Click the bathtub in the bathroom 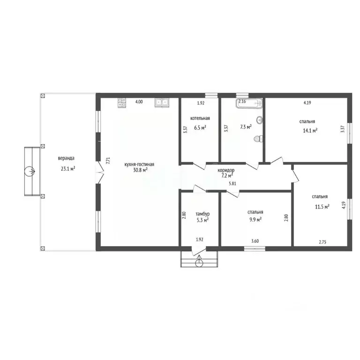pyautogui.click(x=249, y=103)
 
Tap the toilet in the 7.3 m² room pyautogui.click(x=258, y=139)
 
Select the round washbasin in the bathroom pyautogui.click(x=260, y=120)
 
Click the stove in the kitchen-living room pyautogui.click(x=122, y=103)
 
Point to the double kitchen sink pyautogui.click(x=162, y=103)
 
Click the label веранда pyautogui.click(x=66, y=158)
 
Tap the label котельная pyautogui.click(x=200, y=118)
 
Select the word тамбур pyautogui.click(x=202, y=214)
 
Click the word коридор pyautogui.click(x=226, y=170)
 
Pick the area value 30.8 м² pyautogui.click(x=140, y=170)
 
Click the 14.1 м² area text pyautogui.click(x=310, y=131)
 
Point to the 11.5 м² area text pyautogui.click(x=322, y=207)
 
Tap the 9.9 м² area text pyautogui.click(x=255, y=220)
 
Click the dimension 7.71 pyautogui.click(x=108, y=160)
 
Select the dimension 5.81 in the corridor pyautogui.click(x=232, y=183)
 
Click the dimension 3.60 pyautogui.click(x=255, y=241)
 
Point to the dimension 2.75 pyautogui.click(x=322, y=242)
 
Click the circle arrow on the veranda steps pyautogui.click(x=30, y=171)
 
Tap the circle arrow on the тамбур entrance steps pyautogui.click(x=199, y=262)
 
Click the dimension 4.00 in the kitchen pyautogui.click(x=139, y=102)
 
